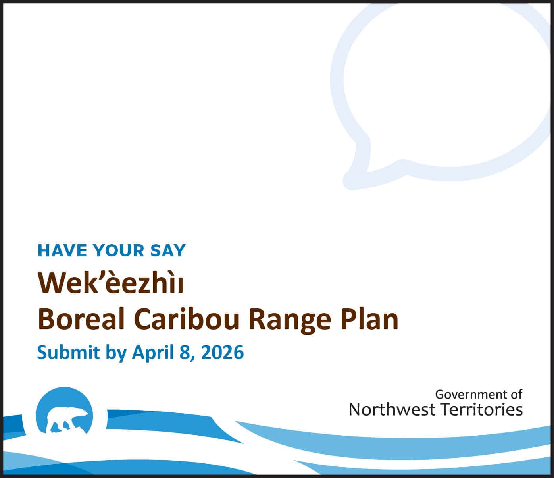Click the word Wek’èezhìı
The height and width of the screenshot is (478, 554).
110,283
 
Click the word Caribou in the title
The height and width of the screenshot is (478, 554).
187,319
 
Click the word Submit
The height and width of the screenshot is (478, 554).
68,352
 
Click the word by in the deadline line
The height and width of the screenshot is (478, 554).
116,353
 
